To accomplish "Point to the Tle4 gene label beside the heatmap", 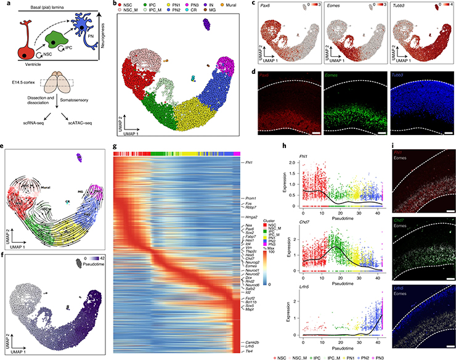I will (246, 351).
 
